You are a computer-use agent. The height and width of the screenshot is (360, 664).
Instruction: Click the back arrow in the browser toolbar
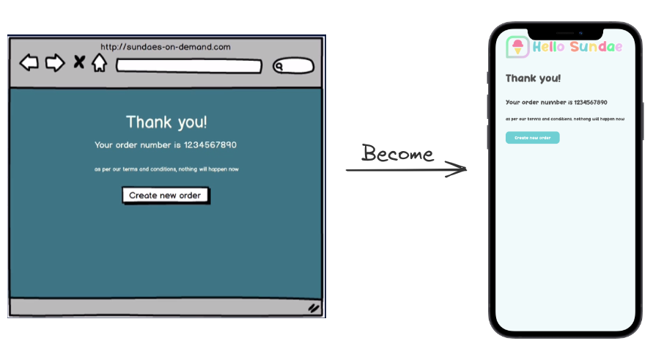click(29, 63)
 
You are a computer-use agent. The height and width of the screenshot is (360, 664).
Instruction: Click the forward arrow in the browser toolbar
click(55, 63)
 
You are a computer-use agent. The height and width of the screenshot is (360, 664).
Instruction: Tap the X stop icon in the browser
click(78, 62)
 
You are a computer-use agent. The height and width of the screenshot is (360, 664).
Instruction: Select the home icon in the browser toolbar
click(99, 63)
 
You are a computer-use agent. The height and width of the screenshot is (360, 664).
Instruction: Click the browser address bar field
click(188, 67)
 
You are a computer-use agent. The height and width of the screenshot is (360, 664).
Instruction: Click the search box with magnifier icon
click(293, 67)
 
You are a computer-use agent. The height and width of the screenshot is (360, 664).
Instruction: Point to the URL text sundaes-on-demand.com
click(166, 47)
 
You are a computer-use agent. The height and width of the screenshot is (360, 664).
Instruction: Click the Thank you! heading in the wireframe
click(166, 122)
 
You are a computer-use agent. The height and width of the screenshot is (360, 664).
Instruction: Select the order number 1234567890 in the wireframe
click(210, 145)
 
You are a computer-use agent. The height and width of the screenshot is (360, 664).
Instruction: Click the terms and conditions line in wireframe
click(166, 169)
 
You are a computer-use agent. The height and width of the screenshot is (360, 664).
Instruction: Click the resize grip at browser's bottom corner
click(314, 309)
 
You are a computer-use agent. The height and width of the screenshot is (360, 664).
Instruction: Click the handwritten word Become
click(398, 153)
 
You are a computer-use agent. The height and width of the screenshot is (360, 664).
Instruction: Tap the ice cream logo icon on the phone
click(517, 47)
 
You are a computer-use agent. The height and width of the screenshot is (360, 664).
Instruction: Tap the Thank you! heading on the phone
click(533, 78)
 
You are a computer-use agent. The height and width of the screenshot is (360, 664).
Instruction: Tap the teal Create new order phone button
click(532, 138)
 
